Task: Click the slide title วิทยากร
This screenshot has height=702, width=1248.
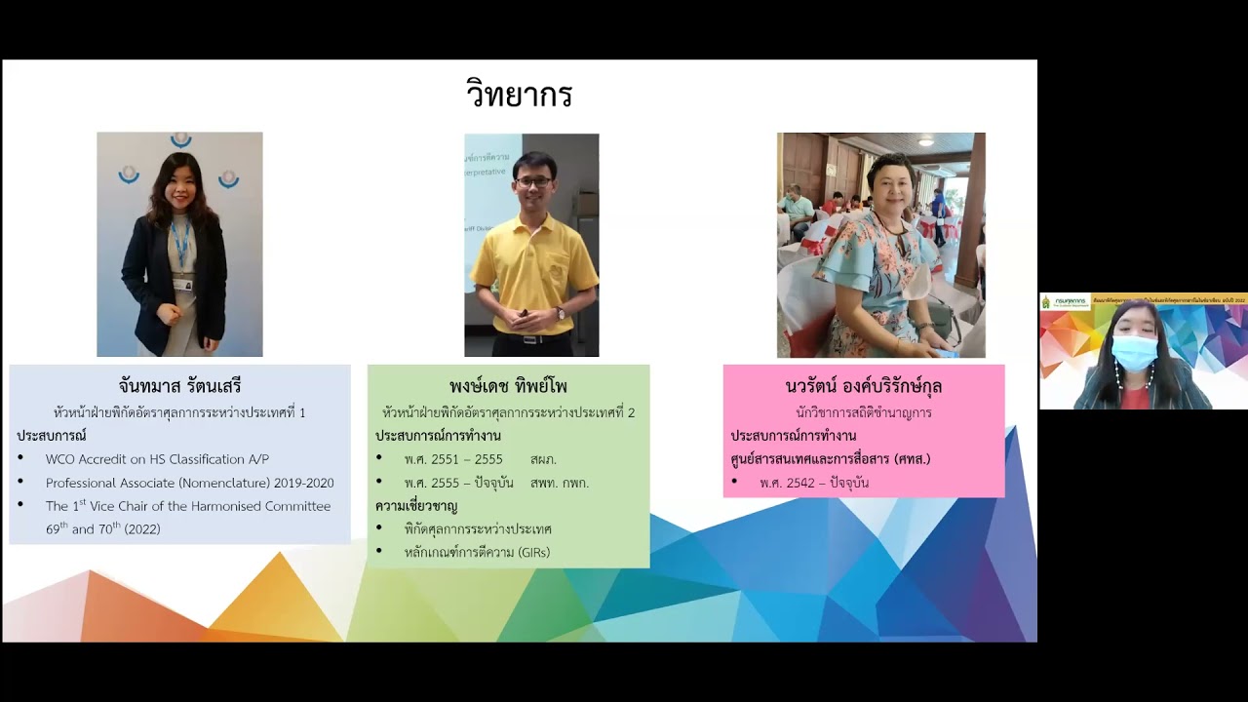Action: [x=519, y=95]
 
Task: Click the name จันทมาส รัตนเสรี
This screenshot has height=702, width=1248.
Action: [x=179, y=386]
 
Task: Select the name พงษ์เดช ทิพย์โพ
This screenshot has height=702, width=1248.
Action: [x=508, y=386]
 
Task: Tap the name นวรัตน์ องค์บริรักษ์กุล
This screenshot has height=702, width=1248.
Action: [x=863, y=386]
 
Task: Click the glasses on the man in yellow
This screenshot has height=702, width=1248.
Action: [x=533, y=181]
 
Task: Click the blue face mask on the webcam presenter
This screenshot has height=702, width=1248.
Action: [x=1134, y=352]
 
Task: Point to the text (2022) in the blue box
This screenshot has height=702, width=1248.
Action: [x=142, y=529]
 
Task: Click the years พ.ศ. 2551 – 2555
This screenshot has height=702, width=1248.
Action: [x=453, y=459]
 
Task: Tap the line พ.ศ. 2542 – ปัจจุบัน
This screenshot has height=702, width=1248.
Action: [x=814, y=483]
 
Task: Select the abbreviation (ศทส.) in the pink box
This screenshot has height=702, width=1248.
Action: [x=908, y=459]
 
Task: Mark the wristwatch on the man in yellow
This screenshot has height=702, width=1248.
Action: [x=561, y=313]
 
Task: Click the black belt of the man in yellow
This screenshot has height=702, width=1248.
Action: [x=531, y=339]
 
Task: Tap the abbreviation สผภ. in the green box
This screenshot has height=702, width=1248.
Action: [x=544, y=459]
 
